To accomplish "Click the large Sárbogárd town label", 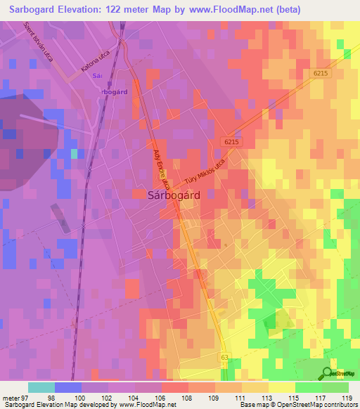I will [174, 196].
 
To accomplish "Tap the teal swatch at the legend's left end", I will [41, 387].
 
